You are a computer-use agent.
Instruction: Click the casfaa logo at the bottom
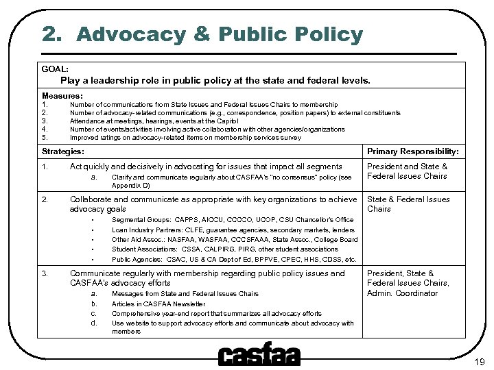tap(259, 354)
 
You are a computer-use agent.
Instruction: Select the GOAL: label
tap(55, 69)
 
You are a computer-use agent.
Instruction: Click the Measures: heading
tap(62, 96)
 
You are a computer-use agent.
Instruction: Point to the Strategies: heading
tap(63, 151)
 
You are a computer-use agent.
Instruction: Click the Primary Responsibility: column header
tap(413, 151)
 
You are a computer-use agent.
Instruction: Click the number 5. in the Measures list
tap(45, 137)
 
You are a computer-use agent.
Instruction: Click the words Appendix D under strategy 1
tap(130, 185)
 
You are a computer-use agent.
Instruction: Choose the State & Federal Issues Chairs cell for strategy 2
tap(408, 204)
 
